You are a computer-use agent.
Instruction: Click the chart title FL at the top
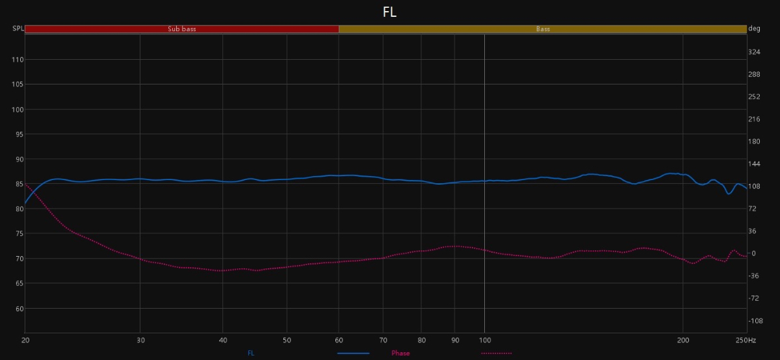[389, 12]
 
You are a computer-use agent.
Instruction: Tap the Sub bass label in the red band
[182, 29]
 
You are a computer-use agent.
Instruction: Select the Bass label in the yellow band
[543, 29]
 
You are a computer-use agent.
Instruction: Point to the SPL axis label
[18, 29]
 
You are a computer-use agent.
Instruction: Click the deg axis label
[755, 29]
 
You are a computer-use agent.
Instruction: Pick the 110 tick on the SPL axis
[18, 60]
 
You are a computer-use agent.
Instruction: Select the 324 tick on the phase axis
[755, 52]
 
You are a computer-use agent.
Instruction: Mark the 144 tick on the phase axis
[755, 164]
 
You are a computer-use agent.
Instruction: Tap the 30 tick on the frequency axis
[140, 341]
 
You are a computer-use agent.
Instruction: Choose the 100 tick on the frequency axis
[484, 341]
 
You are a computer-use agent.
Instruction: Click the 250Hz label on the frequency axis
[746, 341]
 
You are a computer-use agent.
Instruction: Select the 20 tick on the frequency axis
[25, 341]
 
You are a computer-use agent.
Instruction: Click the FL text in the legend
[251, 354]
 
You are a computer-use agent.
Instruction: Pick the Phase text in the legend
[400, 354]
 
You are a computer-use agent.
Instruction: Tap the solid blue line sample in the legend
[353, 354]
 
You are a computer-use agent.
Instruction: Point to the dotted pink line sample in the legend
[496, 354]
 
